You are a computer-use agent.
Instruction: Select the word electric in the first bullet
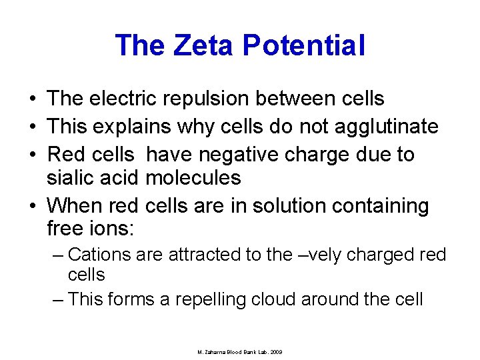tap(125, 99)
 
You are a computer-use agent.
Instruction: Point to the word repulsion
tap(215, 99)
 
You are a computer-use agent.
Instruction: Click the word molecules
tap(193, 177)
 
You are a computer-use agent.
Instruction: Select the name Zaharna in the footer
tap(217, 351)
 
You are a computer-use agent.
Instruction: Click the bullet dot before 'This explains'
tap(33, 127)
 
